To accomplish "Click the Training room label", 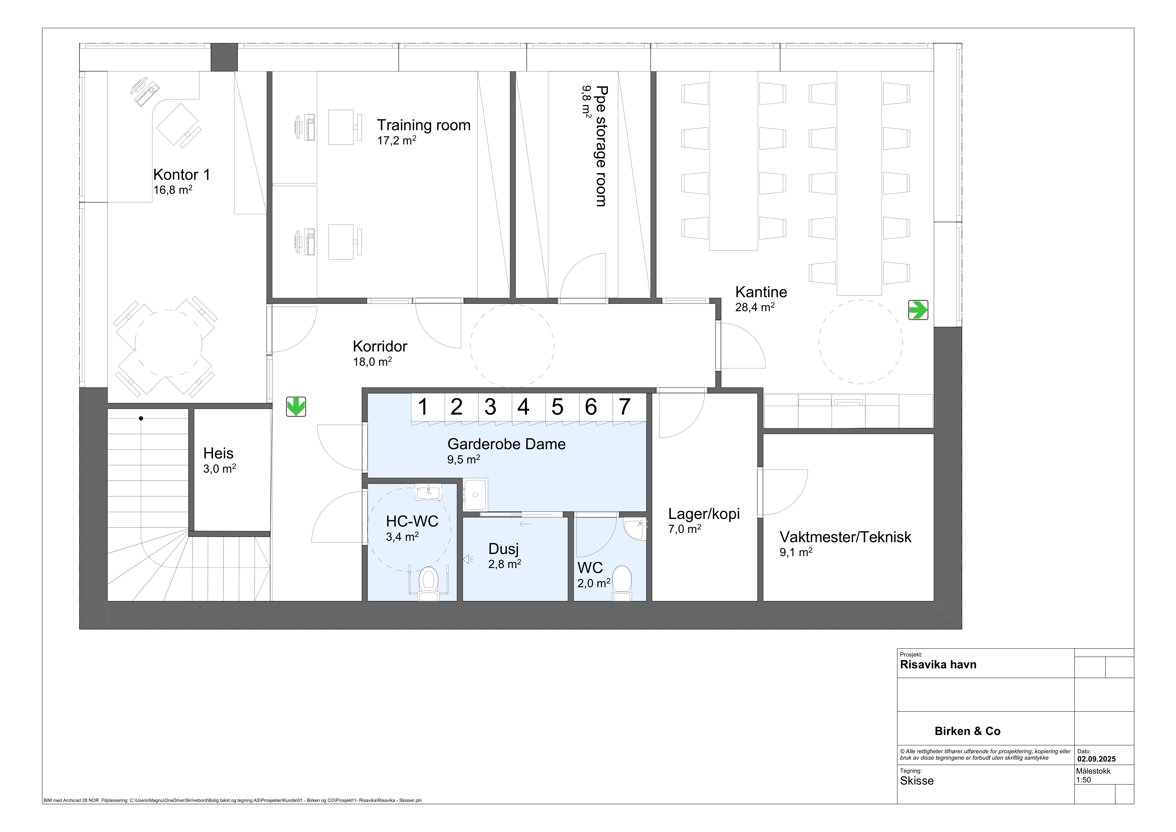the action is (424, 125).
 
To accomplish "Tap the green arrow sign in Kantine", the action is (918, 310).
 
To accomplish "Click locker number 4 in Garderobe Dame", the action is (523, 407).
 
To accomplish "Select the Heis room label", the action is (218, 453).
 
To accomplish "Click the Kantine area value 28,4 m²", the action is (755, 307).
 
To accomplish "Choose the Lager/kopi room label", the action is (704, 514).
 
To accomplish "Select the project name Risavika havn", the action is (938, 665).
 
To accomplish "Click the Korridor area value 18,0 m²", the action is (372, 362).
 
